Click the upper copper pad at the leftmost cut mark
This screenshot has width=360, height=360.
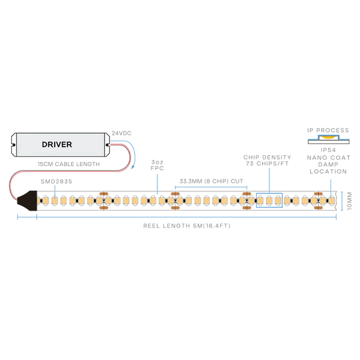pyautogui.click(x=103, y=194)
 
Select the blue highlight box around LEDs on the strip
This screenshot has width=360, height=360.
pyautogui.click(x=269, y=199)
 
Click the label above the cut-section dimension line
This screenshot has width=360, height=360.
pyautogui.click(x=211, y=180)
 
